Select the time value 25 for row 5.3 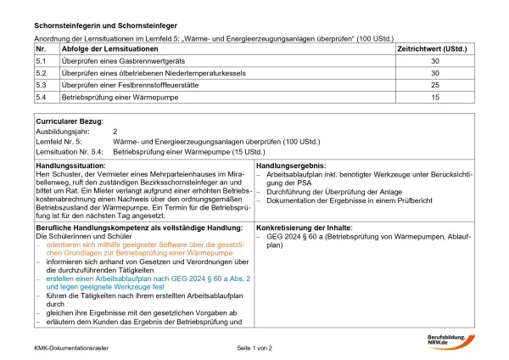coord(435,86)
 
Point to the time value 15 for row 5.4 coord(435,98)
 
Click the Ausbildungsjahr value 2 coord(115,132)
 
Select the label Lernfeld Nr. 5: coord(61,142)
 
